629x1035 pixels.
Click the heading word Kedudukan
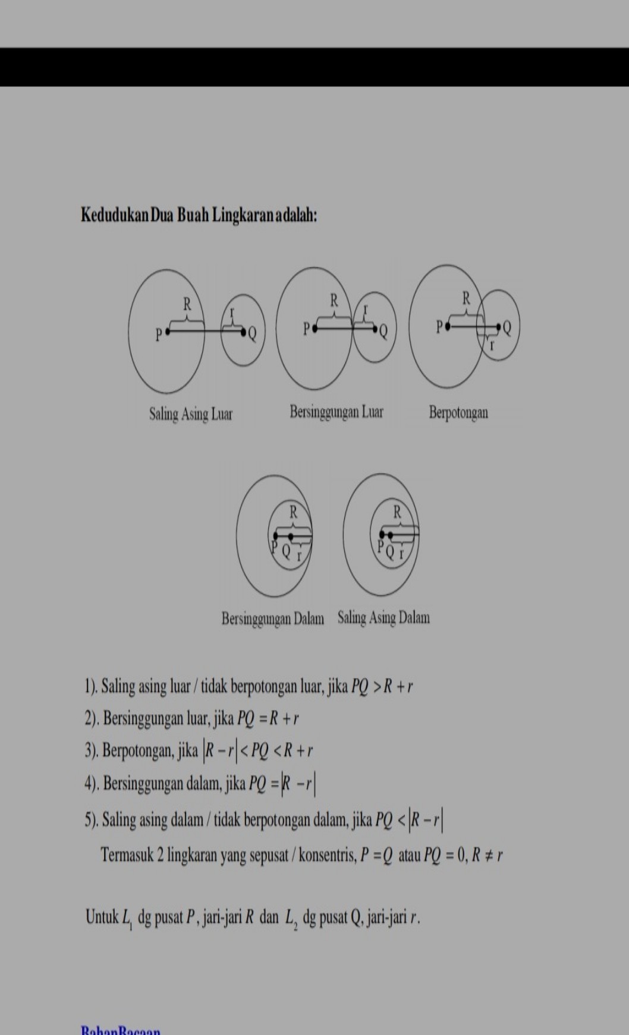click(x=114, y=214)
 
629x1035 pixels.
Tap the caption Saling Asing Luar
click(x=190, y=414)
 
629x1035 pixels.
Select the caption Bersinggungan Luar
click(x=336, y=412)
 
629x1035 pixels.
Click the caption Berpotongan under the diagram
click(x=458, y=412)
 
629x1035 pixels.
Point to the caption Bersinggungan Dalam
click(x=273, y=619)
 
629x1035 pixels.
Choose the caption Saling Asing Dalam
click(x=383, y=618)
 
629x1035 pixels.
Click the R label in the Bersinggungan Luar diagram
click(x=334, y=300)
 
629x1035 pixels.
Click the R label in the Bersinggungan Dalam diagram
click(x=293, y=510)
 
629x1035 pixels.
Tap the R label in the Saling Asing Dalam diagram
click(x=397, y=511)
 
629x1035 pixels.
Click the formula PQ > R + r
click(x=382, y=687)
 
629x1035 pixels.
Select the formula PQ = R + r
click(x=268, y=719)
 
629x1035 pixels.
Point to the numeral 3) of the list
click(x=91, y=751)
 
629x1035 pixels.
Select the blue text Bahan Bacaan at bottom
click(x=120, y=1030)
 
